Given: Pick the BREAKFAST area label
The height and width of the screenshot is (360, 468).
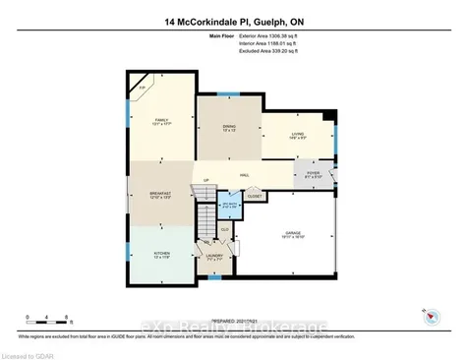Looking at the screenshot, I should click(160, 194).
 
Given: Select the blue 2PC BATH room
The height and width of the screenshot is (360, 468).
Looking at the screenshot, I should click(228, 207).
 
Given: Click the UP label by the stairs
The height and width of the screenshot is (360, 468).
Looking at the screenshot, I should click(206, 180).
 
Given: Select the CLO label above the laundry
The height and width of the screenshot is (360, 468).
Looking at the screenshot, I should click(225, 231).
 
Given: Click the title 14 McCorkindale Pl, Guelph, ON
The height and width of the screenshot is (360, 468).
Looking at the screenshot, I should click(233, 21).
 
